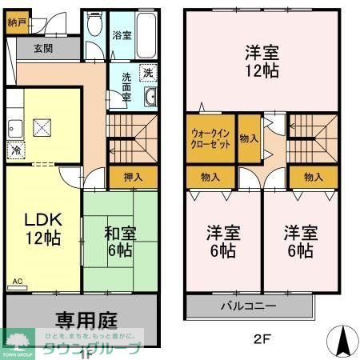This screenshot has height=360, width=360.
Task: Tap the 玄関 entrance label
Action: pyautogui.click(x=43, y=48)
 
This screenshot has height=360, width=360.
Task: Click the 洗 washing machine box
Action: pyautogui.click(x=148, y=73)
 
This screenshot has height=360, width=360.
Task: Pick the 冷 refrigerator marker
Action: pyautogui.click(x=16, y=149)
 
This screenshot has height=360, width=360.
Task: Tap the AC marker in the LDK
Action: pyautogui.click(x=18, y=282)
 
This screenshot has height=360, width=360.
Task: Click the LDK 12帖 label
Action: pyautogui.click(x=42, y=229)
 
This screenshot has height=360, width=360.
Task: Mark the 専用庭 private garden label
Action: pyautogui.click(x=86, y=320)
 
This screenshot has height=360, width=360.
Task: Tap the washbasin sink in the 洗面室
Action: pyautogui.click(x=150, y=98)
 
